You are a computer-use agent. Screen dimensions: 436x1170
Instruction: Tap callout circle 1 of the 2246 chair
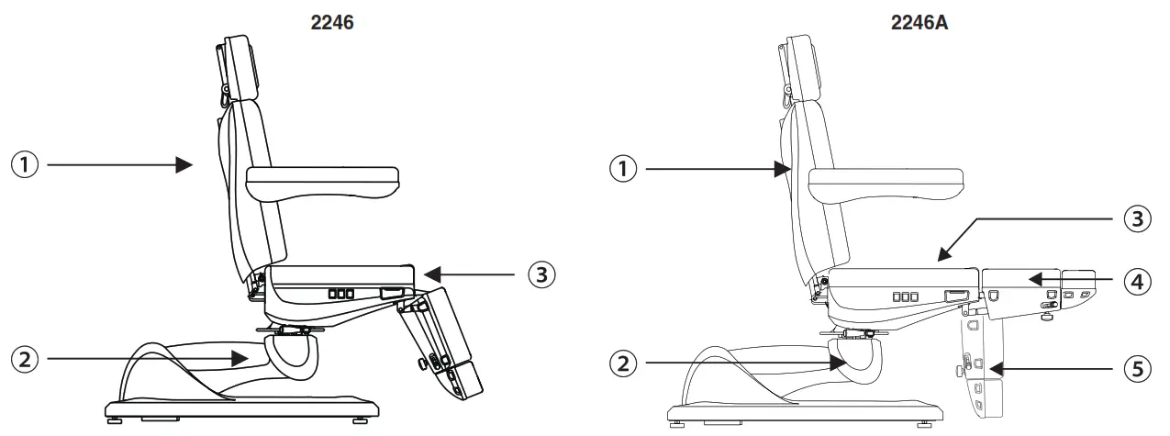[x=24, y=165]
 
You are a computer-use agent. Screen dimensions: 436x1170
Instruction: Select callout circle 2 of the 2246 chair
[x=24, y=358]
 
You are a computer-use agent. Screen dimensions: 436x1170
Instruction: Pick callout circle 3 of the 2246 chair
[x=542, y=274]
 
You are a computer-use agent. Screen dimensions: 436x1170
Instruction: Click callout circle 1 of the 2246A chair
[x=623, y=168]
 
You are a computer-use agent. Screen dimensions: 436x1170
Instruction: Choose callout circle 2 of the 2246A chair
[x=623, y=363]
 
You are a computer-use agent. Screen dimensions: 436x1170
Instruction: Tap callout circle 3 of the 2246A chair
[x=1137, y=220]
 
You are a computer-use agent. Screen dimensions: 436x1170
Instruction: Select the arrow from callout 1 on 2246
[x=119, y=165]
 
